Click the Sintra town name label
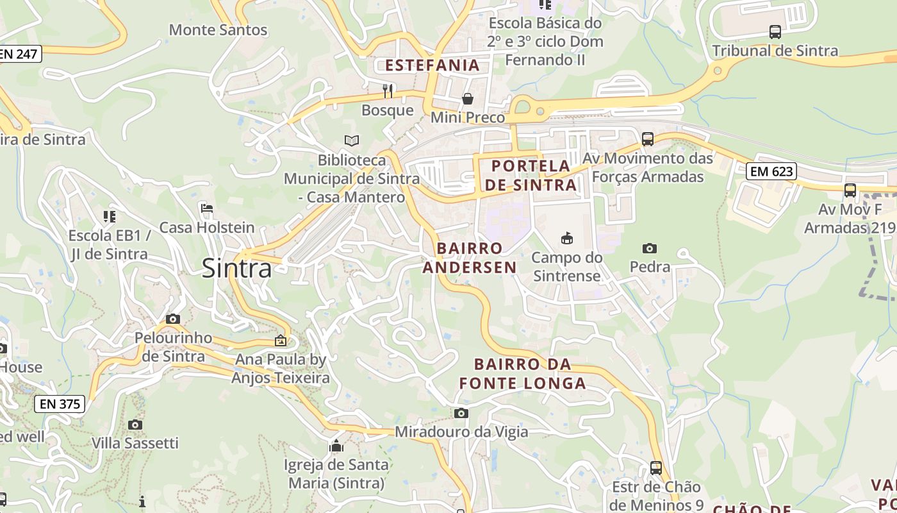click(236, 268)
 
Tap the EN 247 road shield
click(19, 54)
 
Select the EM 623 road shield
click(771, 171)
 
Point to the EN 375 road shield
click(60, 404)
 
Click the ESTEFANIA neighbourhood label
click(432, 65)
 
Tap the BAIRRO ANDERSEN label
click(470, 258)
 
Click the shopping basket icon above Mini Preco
click(468, 99)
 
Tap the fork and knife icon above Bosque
click(388, 91)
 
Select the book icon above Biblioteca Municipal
click(351, 140)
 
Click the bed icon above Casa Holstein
click(207, 208)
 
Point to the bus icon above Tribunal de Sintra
click(775, 31)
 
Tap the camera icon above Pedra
click(649, 248)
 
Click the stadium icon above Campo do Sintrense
click(566, 239)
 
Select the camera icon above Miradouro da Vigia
click(461, 413)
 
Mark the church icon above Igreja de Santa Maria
click(336, 446)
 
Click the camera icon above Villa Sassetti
click(135, 425)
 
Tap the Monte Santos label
click(218, 29)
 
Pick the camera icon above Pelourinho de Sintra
click(172, 319)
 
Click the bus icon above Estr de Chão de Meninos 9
click(655, 468)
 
